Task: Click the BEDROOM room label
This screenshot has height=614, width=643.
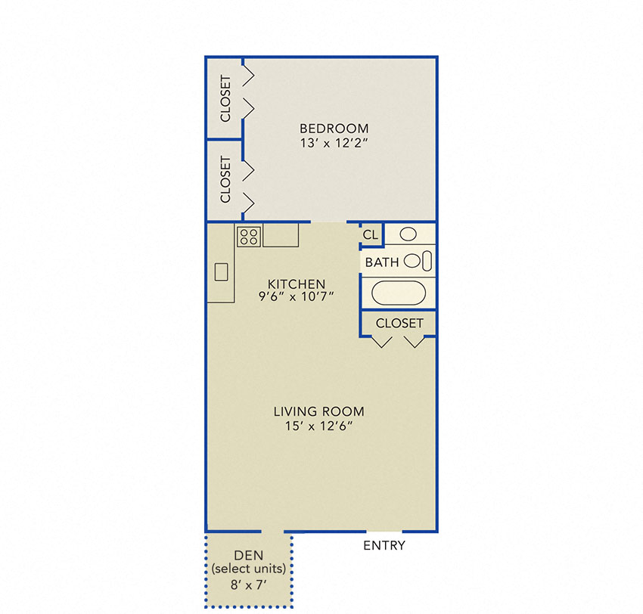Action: coord(334,129)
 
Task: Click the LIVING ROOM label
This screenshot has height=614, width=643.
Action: coord(318,412)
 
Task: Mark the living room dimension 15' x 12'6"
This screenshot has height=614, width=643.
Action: coord(318,426)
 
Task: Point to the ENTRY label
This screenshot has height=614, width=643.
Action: coord(384,546)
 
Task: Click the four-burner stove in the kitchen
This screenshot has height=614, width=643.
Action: coord(249,237)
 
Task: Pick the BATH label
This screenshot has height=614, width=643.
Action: coord(383,262)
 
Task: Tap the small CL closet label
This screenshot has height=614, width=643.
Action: coord(370,235)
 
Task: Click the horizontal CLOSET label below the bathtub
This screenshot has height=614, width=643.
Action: coord(399,323)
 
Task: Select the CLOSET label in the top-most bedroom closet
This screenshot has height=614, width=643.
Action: coord(225,99)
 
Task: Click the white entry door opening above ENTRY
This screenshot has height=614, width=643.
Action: coord(384,532)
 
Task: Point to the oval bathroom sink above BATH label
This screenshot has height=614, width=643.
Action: coord(408,234)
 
